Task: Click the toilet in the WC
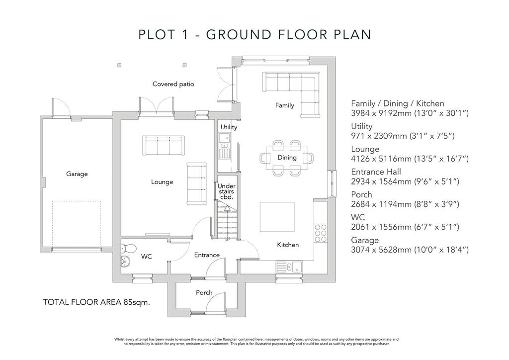(128, 248)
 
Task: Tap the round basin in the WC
(125, 261)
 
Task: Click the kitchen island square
(277, 217)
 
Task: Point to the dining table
(287, 158)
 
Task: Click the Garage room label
(77, 174)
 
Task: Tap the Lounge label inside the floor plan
(162, 182)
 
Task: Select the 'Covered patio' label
(173, 84)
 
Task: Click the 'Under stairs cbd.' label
(227, 191)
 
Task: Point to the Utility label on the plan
(229, 127)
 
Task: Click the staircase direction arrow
(227, 208)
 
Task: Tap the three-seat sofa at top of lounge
(164, 145)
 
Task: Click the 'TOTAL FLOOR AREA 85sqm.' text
(96, 302)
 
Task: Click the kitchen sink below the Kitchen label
(289, 267)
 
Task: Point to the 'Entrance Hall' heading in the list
(376, 172)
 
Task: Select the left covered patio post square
(119, 65)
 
